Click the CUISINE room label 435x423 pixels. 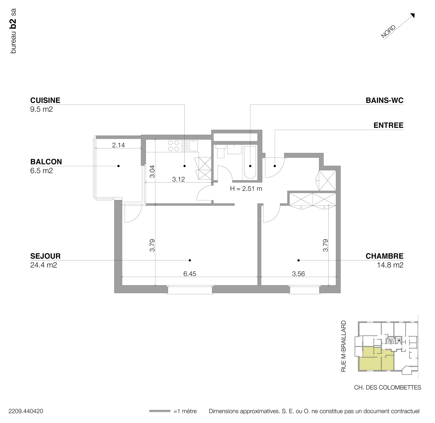coord(45,100)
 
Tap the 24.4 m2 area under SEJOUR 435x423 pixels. coord(43,265)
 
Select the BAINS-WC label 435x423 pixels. coord(384,100)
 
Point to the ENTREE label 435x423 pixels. coord(388,125)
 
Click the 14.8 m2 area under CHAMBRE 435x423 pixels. coord(390,265)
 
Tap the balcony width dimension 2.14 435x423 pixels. coord(118,145)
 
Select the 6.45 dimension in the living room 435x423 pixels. coord(190,274)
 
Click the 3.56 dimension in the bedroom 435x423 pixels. coord(298,274)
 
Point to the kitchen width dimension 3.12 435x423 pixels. coord(178,179)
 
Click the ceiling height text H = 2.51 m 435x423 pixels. coord(246,189)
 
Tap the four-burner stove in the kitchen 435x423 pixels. coord(173,146)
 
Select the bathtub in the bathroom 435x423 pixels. coord(250,163)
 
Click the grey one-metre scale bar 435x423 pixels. coord(159,411)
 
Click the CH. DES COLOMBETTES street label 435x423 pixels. coord(387,387)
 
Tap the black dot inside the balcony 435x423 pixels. coord(118,166)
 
